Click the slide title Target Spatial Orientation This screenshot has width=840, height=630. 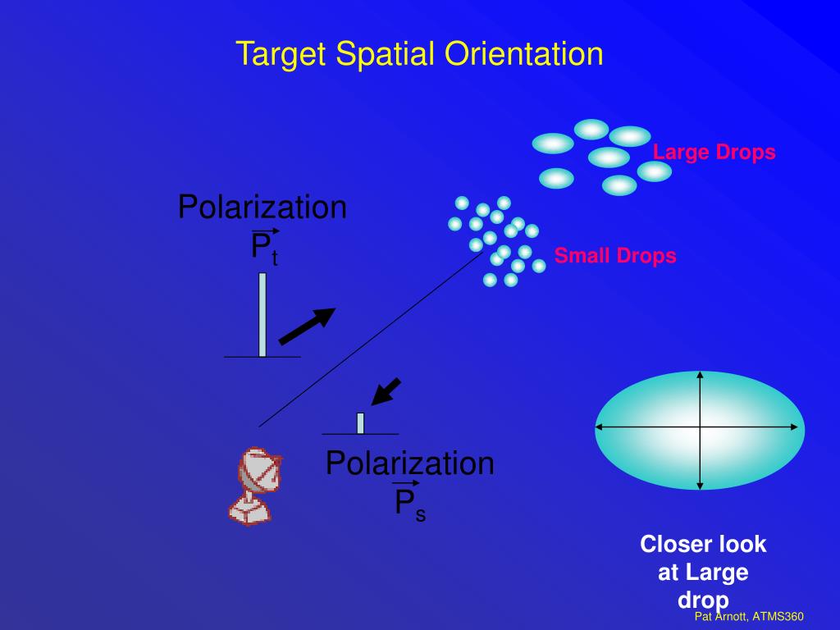(x=419, y=54)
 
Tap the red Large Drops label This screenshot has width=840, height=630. (x=714, y=153)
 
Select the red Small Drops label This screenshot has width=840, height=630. (x=615, y=256)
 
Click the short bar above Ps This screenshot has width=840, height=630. (x=360, y=422)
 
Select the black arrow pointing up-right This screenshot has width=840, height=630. (x=307, y=326)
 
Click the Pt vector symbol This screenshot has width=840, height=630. (x=264, y=247)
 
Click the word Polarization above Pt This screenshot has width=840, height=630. (x=262, y=208)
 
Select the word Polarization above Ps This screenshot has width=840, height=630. (x=409, y=463)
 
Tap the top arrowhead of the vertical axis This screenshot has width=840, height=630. (x=700, y=376)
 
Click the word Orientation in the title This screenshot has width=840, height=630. (x=524, y=54)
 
